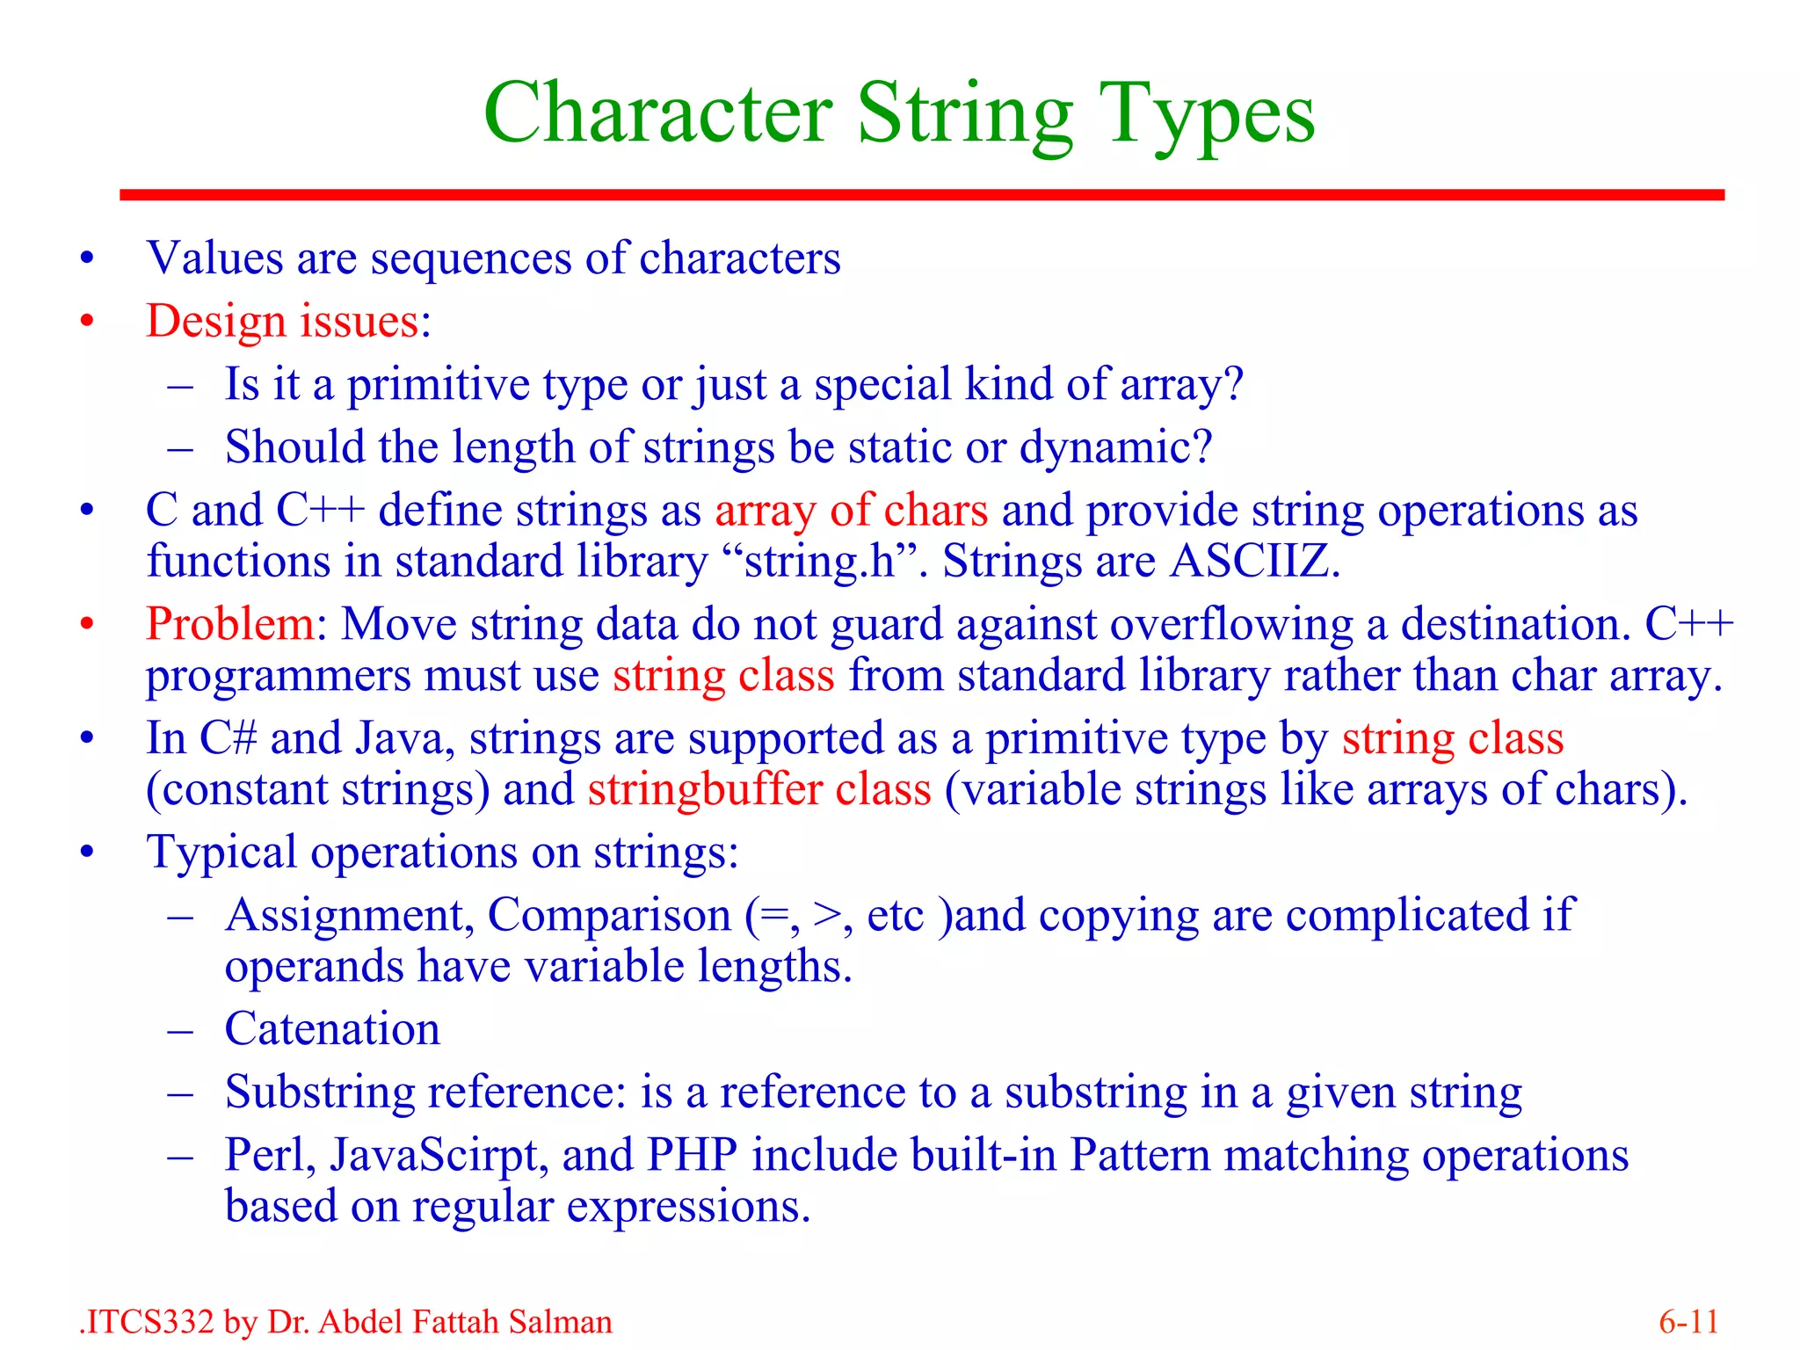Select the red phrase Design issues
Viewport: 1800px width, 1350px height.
(x=283, y=321)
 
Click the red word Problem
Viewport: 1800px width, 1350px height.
(x=229, y=624)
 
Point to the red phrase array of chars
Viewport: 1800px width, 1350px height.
(x=851, y=511)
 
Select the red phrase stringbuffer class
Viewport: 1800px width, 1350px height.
(x=759, y=789)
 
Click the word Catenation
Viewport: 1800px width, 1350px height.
(x=332, y=1029)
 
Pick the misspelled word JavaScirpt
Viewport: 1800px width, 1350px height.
(x=439, y=1155)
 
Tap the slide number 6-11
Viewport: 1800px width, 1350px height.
(x=1688, y=1322)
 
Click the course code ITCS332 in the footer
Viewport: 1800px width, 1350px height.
(x=149, y=1322)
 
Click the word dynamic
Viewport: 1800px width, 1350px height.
(x=1114, y=447)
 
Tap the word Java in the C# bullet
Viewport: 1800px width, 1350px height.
(x=403, y=738)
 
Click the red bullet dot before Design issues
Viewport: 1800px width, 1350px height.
(x=86, y=322)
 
